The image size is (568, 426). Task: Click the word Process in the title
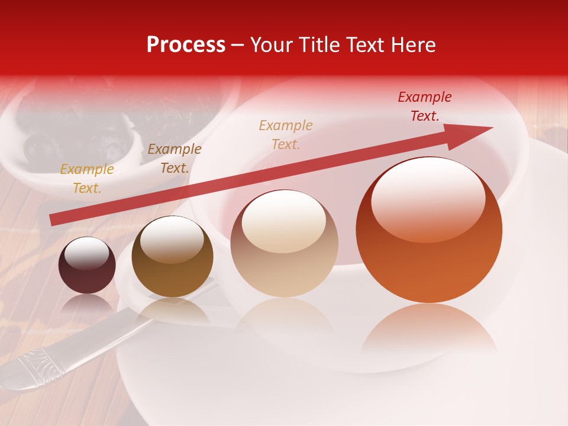186,45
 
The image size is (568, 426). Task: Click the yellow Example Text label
87,179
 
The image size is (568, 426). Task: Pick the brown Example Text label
175,159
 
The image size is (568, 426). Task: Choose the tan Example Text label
286,134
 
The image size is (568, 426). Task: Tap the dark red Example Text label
425,106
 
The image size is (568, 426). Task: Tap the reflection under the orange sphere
429,331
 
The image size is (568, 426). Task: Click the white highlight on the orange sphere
428,198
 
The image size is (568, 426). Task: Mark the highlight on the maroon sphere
86,254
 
